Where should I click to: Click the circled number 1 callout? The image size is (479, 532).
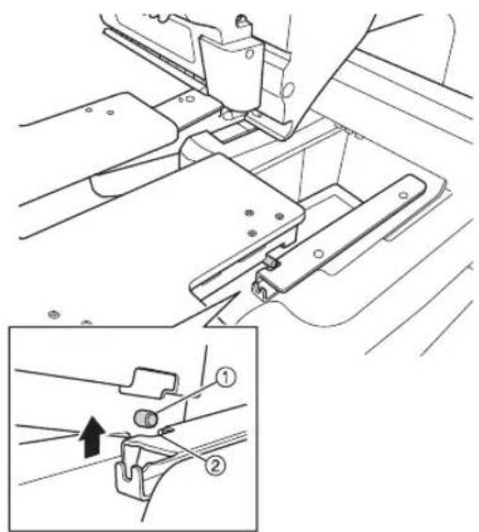click(x=226, y=378)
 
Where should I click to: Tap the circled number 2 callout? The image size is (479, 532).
click(x=215, y=465)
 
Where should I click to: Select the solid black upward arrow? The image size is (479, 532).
click(x=92, y=437)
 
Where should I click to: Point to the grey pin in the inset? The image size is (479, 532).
click(x=146, y=418)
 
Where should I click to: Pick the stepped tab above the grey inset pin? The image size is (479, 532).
click(x=149, y=381)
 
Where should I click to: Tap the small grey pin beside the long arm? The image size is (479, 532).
click(x=271, y=262)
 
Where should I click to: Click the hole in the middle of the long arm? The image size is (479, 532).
click(x=318, y=253)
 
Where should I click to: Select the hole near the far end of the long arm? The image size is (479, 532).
click(x=403, y=195)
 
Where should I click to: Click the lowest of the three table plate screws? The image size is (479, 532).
click(x=251, y=234)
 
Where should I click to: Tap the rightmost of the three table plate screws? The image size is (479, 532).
click(x=279, y=217)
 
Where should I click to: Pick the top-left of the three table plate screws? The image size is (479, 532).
click(x=249, y=213)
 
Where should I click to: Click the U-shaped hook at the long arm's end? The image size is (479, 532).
click(x=260, y=288)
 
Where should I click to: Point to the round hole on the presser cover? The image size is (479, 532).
click(x=249, y=54)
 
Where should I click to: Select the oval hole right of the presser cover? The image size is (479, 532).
click(x=289, y=89)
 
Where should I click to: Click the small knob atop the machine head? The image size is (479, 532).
click(x=242, y=20)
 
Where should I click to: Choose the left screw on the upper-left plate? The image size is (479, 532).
click(x=88, y=110)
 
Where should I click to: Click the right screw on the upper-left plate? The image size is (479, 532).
click(x=110, y=112)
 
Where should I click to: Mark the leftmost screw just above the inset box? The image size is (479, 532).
click(x=55, y=314)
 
